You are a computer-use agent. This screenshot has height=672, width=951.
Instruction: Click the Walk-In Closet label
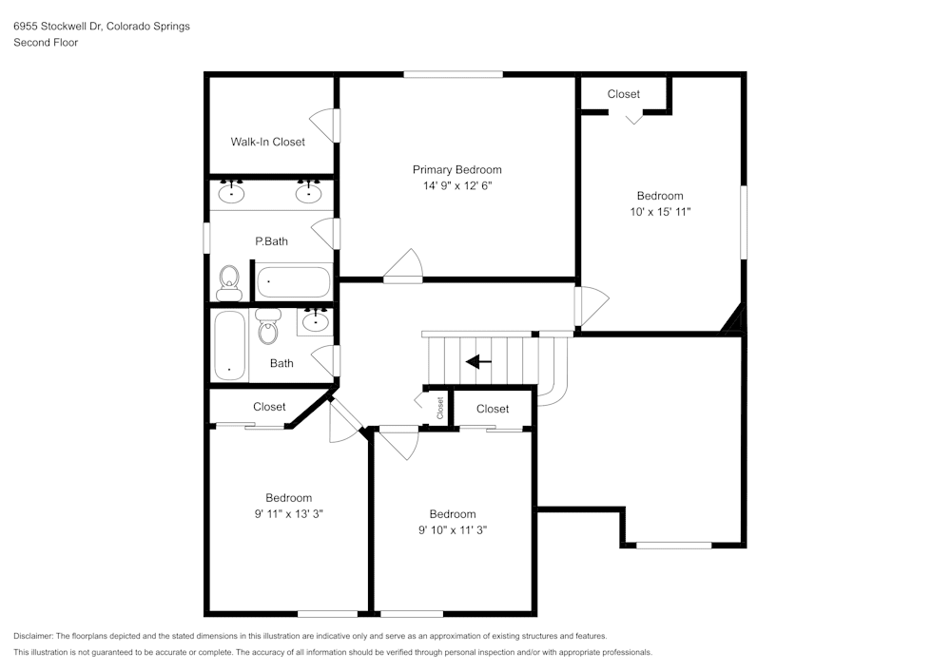click(267, 142)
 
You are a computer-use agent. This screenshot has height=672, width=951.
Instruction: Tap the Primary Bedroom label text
click(456, 169)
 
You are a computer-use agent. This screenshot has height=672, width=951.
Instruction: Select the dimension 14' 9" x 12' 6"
click(456, 186)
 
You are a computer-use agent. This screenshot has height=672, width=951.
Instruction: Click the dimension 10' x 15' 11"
click(659, 212)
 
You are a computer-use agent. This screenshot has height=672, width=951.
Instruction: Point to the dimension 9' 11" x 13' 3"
click(288, 514)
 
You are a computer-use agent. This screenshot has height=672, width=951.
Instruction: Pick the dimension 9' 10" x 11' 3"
click(452, 530)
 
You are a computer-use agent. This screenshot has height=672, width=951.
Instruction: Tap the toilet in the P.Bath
click(228, 280)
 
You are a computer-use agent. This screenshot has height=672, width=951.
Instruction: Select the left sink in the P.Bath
click(230, 193)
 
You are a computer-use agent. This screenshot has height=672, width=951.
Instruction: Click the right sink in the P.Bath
click(308, 193)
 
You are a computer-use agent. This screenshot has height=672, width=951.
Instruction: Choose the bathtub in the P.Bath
click(294, 282)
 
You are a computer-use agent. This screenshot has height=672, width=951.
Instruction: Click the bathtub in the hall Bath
click(229, 345)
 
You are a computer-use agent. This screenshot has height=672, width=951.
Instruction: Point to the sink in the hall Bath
click(314, 322)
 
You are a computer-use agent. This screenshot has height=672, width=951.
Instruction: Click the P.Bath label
click(271, 241)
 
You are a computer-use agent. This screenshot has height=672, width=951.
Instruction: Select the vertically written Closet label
click(440, 409)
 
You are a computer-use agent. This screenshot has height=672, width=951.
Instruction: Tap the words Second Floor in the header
click(46, 43)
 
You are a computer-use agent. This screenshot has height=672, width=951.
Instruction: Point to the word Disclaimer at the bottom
click(33, 636)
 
